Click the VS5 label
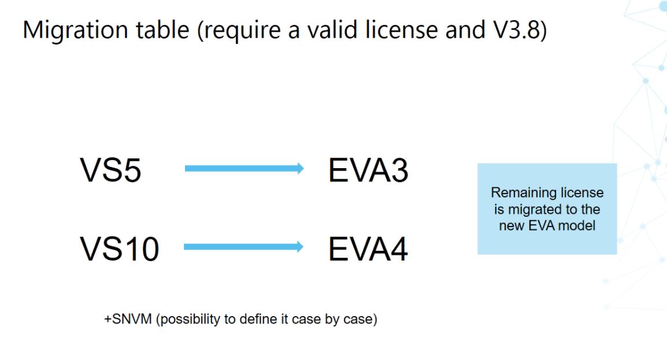(x=110, y=170)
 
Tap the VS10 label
(x=120, y=248)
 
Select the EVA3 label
(x=368, y=170)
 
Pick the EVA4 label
(x=368, y=248)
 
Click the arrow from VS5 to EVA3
(x=244, y=168)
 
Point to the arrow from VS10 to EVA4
(x=244, y=247)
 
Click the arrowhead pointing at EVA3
(x=301, y=168)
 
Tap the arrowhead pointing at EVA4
(x=300, y=247)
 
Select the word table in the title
(x=162, y=29)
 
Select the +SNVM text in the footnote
(x=128, y=319)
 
